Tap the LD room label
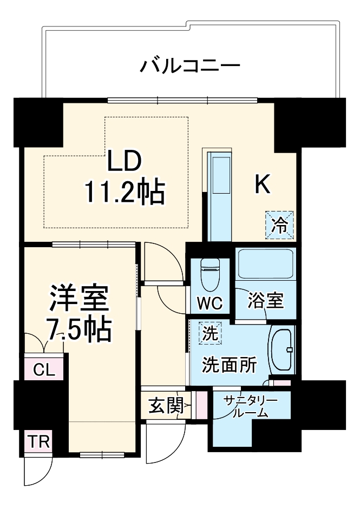coord(124,161)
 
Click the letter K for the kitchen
coord(263,186)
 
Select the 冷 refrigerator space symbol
coord(279,224)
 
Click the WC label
coord(210,303)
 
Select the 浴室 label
coord(266,301)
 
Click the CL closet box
coord(44,369)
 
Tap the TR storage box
coord(38,442)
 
